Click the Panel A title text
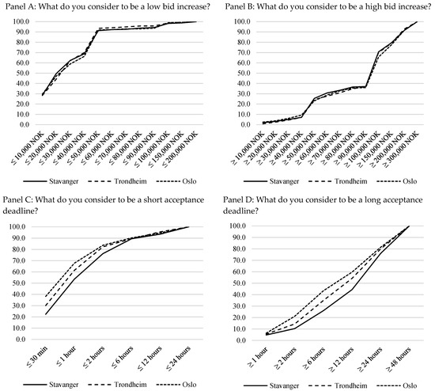tap(108, 6)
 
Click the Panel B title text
tap(328, 6)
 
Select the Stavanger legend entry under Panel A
tap(51, 181)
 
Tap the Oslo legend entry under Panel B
tap(397, 181)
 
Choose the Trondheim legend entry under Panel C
tap(117, 385)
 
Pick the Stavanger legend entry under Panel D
tap(271, 385)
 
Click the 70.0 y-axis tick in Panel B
tap(242, 52)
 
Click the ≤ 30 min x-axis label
tap(38, 356)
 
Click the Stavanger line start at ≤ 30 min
tap(46, 314)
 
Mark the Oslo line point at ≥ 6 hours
tap(323, 290)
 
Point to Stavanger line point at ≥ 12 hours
tap(352, 290)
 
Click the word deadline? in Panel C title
tap(21, 211)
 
